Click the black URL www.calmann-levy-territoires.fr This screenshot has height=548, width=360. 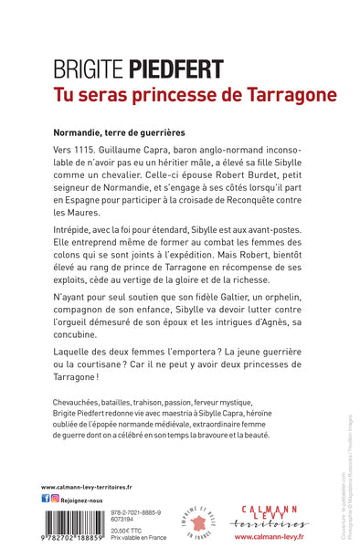[x=87, y=487]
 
